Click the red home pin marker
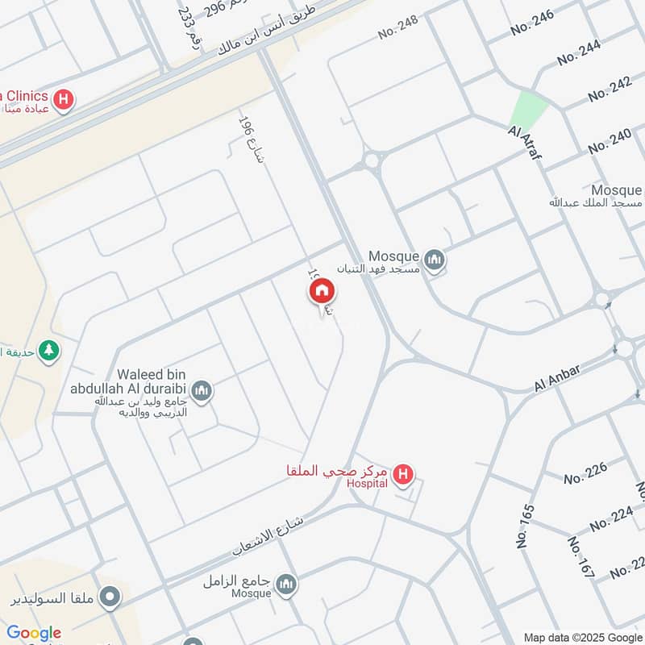click(320, 290)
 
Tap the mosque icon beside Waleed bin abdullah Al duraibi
click(202, 390)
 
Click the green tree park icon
click(50, 351)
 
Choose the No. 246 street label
click(533, 24)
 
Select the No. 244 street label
click(578, 52)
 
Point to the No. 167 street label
click(580, 556)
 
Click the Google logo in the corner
click(34, 633)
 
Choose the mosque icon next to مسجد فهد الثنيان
click(435, 260)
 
